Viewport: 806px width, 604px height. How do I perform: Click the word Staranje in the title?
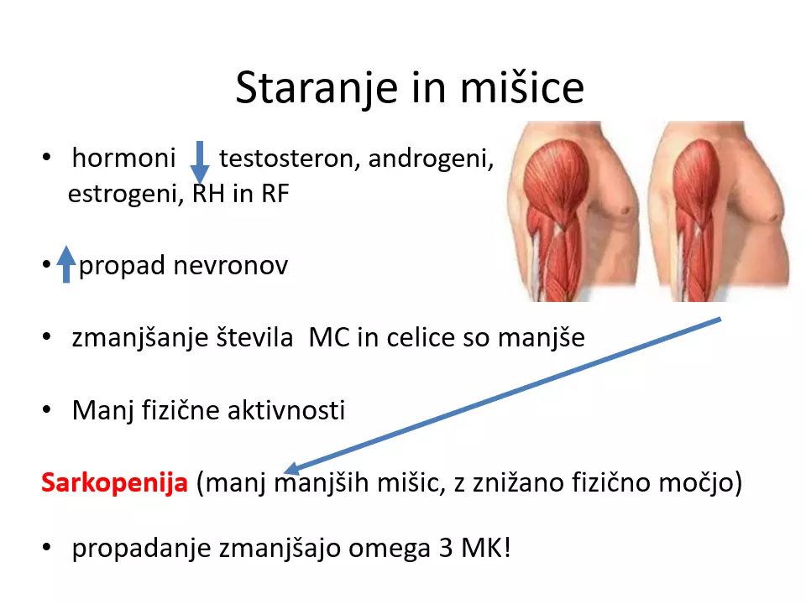click(x=317, y=88)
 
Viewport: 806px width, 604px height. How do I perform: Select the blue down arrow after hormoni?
click(x=200, y=162)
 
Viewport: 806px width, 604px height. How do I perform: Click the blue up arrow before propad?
click(x=65, y=264)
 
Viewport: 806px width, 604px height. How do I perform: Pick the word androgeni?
click(x=431, y=159)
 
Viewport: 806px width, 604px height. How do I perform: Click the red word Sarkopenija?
click(x=115, y=483)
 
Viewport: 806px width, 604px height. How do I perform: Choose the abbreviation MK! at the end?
click(x=486, y=548)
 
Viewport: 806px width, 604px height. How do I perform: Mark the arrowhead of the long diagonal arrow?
click(x=290, y=469)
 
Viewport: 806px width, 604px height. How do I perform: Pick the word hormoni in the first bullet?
click(x=124, y=158)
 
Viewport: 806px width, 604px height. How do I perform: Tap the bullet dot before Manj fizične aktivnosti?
click(x=47, y=409)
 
